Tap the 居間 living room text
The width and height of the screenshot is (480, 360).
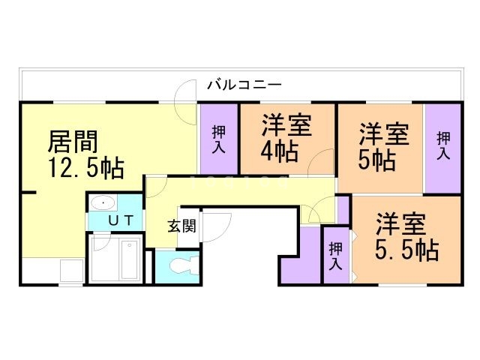coord(72,141)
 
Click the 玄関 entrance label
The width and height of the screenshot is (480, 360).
coord(181,225)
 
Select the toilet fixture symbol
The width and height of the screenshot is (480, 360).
coord(184,265)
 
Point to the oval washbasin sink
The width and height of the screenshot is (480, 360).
coord(102,202)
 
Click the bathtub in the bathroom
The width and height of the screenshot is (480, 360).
coord(130,259)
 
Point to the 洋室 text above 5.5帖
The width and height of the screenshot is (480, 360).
coord(401,224)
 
